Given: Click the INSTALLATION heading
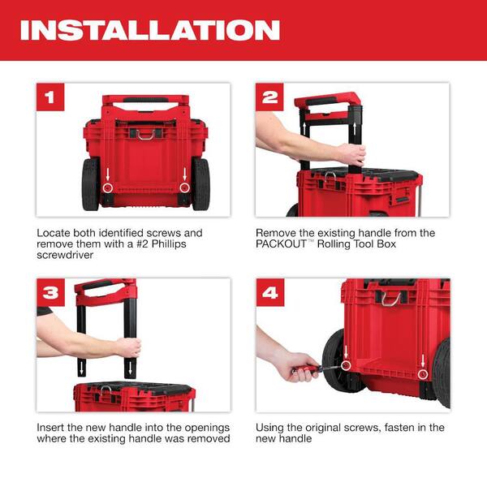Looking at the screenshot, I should (x=150, y=30).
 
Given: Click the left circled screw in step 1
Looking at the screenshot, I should (x=107, y=187).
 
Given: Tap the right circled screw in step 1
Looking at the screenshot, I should (x=184, y=187).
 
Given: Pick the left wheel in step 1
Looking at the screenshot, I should (x=90, y=184).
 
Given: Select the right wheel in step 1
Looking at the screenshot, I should (x=201, y=184).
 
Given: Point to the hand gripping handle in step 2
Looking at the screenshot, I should (x=351, y=153).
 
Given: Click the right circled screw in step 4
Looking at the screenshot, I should (x=422, y=373).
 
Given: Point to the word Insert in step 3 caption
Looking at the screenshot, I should (x=52, y=428).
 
